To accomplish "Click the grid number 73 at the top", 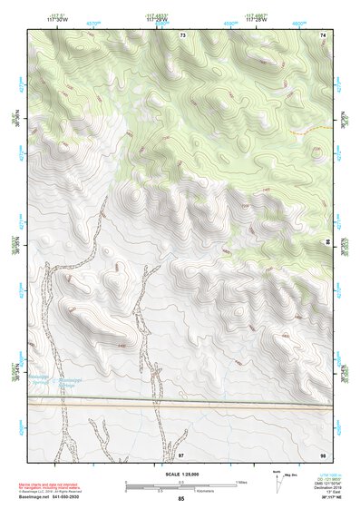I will (182, 34).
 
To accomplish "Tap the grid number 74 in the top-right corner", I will (322, 34).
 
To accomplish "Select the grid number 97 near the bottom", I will (181, 453).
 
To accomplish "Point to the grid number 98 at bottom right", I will (322, 453).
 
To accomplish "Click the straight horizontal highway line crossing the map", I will (181, 406).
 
